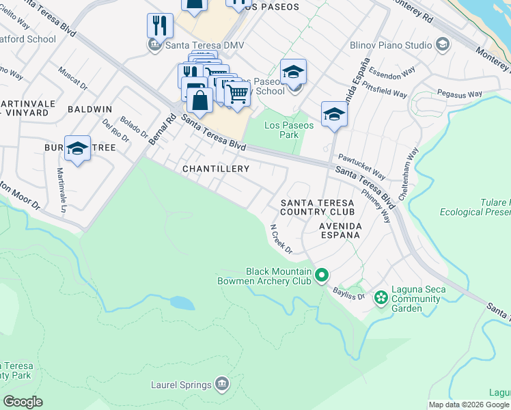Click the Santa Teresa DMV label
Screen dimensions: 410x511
(205, 46)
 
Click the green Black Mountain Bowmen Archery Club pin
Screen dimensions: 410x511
(322, 276)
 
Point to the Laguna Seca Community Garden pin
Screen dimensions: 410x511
(381, 298)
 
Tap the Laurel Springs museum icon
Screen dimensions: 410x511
(221, 385)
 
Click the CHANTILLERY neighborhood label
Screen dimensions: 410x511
(215, 168)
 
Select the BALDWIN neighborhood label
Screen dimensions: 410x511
(89, 109)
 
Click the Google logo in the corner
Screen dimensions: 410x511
(23, 402)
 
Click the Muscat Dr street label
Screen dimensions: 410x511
(72, 79)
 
